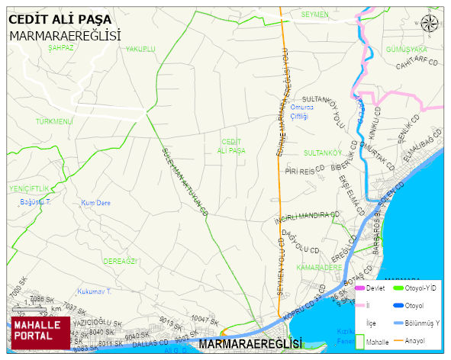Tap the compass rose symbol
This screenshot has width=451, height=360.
[x=430, y=25]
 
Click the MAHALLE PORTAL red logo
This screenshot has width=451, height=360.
[x=39, y=330]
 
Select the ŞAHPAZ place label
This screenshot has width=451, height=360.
[x=61, y=47]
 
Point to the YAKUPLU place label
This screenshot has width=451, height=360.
[x=140, y=49]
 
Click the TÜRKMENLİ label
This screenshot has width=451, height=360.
[x=53, y=121]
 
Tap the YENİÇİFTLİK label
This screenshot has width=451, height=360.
[x=28, y=188]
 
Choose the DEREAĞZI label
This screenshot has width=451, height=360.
[x=120, y=261]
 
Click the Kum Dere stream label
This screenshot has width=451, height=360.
[x=96, y=203]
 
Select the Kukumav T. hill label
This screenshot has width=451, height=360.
[x=95, y=291]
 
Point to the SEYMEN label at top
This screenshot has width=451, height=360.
[x=314, y=14]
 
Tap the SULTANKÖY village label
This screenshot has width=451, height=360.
[x=322, y=153]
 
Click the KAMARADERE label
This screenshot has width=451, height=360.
[x=319, y=268]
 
